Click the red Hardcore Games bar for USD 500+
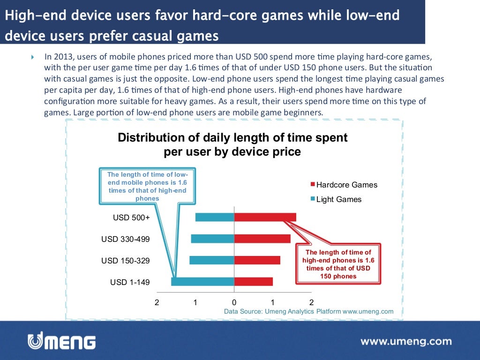265,217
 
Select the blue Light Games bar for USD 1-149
202,282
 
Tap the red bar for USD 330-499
262,239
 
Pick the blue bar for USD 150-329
211,260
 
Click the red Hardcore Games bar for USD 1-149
253,282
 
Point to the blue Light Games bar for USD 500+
214,217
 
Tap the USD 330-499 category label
126,239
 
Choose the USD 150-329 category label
126,261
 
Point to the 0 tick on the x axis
234,302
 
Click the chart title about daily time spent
232,145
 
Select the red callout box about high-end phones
338,264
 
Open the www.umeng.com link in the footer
406,341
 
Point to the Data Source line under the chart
308,311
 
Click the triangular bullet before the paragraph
33,57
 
